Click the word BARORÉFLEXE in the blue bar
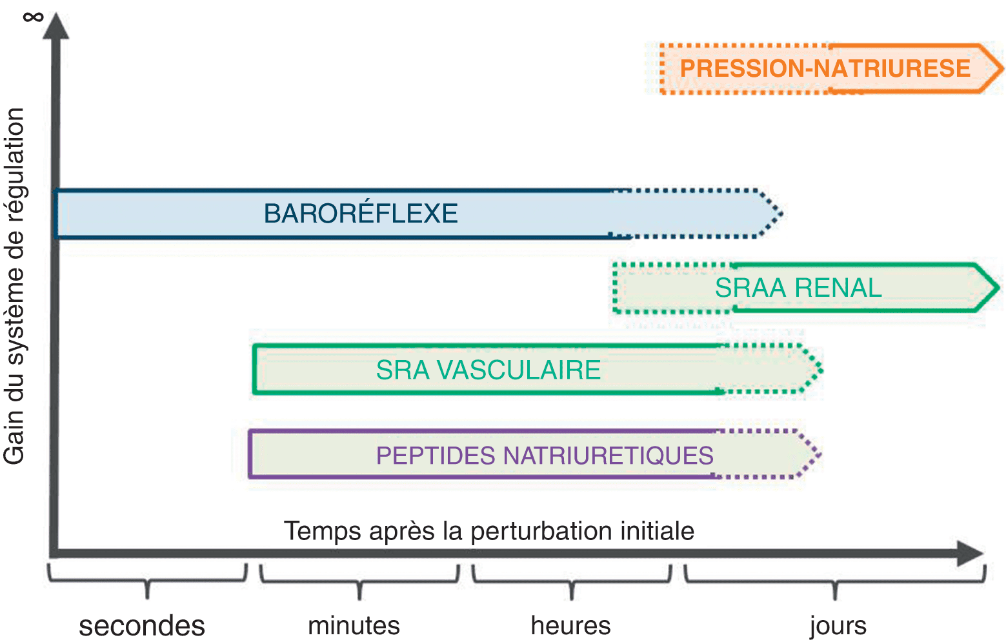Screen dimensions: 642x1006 click(x=361, y=214)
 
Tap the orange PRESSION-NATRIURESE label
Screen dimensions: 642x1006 click(x=825, y=68)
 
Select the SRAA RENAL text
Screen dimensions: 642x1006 click(x=798, y=288)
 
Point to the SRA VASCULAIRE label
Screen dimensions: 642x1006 click(x=488, y=370)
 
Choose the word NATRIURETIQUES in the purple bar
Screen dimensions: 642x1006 click(x=608, y=456)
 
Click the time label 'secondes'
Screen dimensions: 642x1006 click(x=142, y=626)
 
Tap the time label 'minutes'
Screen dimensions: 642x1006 click(x=354, y=626)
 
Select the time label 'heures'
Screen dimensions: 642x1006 click(x=570, y=626)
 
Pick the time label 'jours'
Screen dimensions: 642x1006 click(x=838, y=626)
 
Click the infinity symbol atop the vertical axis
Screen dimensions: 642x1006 click(x=33, y=15)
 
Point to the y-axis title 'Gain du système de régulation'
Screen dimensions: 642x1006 click(x=14, y=286)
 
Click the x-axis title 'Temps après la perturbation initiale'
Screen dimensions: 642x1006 click(x=489, y=531)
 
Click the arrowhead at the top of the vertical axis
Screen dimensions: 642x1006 click(x=56, y=27)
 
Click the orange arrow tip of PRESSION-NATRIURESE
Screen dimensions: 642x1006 click(x=991, y=68)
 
